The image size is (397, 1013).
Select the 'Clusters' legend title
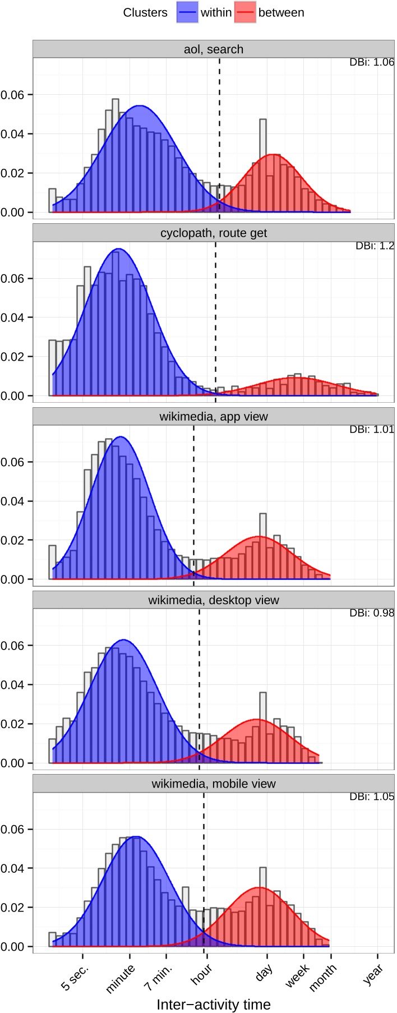click(x=145, y=12)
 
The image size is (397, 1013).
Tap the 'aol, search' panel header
click(x=214, y=49)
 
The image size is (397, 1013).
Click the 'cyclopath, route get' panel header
click(x=214, y=233)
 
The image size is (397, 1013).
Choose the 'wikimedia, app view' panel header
click(x=214, y=416)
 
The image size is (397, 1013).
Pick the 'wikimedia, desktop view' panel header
click(x=214, y=600)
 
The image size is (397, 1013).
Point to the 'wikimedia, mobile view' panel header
click(x=214, y=784)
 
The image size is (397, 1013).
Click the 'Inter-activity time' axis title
click(x=214, y=1004)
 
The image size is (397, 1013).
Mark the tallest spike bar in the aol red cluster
click(x=262, y=165)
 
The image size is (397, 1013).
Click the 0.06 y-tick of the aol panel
click(x=12, y=95)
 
